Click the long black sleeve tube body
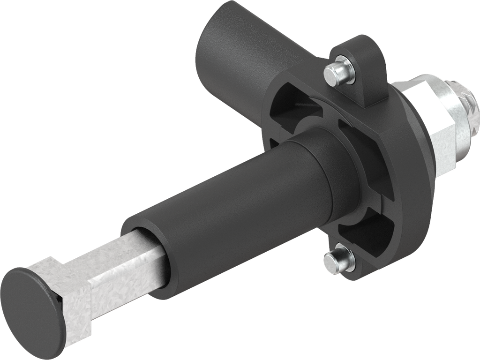(x=225, y=216)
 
